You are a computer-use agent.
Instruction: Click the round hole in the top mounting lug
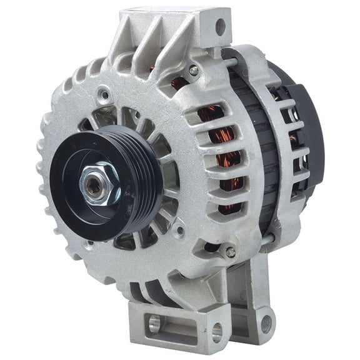pos(220,26)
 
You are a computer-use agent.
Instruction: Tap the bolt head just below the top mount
pos(194,71)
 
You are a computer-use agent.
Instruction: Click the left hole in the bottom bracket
pos(156,324)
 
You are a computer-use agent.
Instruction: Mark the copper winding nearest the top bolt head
pos(181,82)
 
